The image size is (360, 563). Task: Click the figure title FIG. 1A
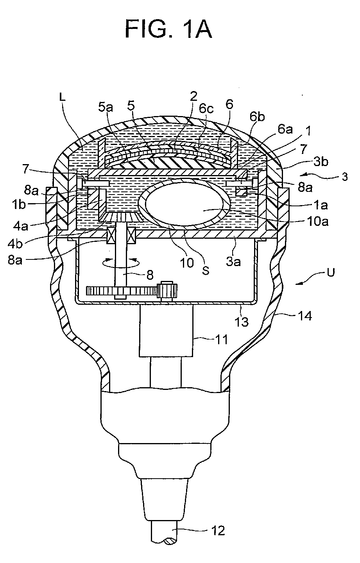[168, 29]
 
